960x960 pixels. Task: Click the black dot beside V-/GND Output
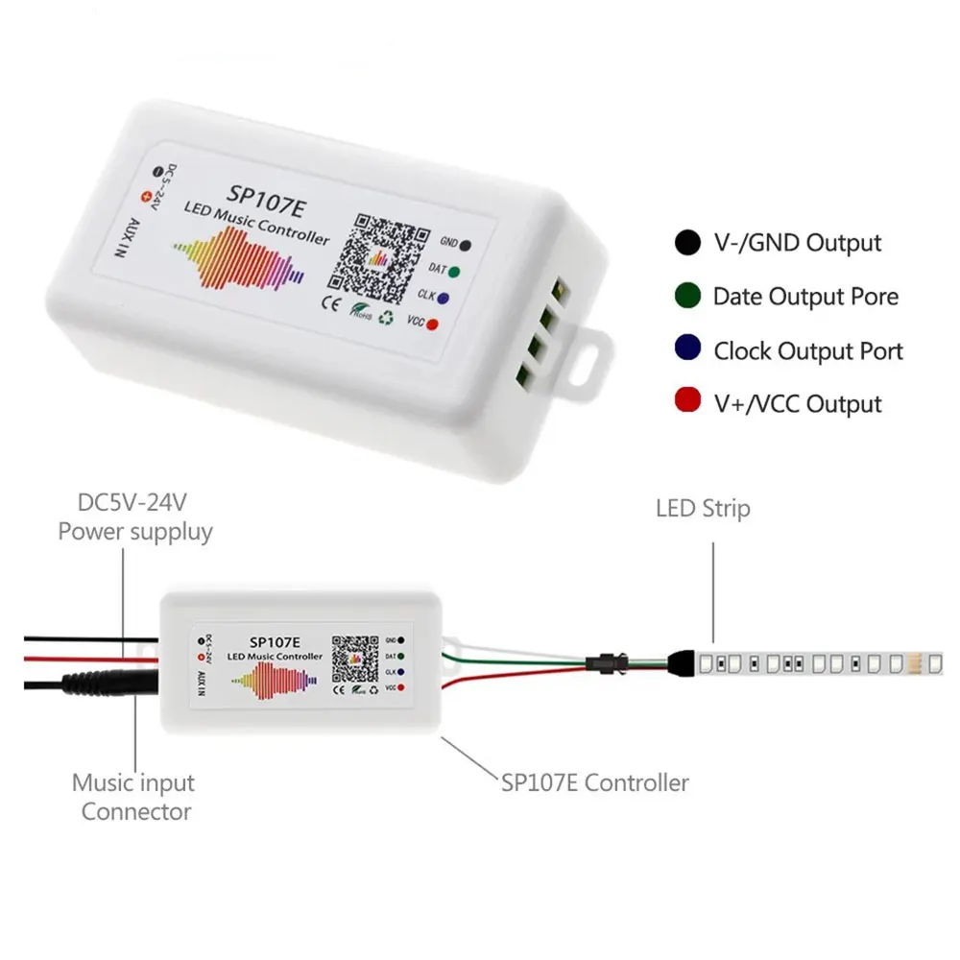pos(687,243)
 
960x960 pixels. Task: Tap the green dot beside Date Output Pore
pos(687,297)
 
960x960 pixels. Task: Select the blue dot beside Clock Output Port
pos(687,350)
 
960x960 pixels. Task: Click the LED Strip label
pos(704,508)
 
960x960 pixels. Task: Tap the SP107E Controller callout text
pos(594,782)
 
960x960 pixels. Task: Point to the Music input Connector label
pos(134,798)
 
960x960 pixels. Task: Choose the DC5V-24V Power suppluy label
pos(134,517)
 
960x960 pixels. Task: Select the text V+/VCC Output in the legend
pos(796,403)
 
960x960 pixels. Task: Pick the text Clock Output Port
pos(807,350)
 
